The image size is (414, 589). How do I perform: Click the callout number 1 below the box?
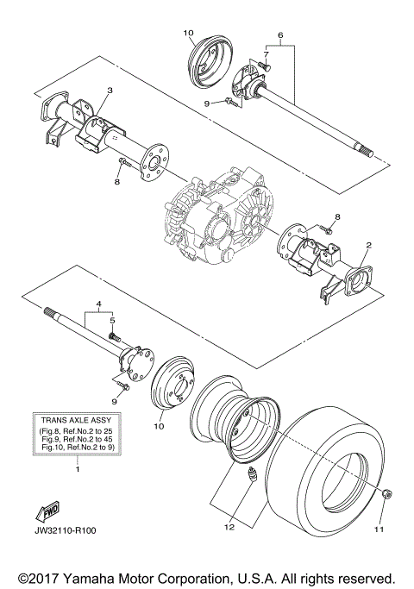tap(78, 469)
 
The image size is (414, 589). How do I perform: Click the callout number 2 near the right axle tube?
tap(367, 246)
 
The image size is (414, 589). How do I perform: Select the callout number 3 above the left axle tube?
tap(110, 91)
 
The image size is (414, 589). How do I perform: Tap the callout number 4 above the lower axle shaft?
tap(99, 305)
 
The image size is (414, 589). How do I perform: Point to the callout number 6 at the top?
tap(279, 36)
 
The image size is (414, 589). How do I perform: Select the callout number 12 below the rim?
tap(229, 526)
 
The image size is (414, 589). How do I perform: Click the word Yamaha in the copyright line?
tap(89, 576)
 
